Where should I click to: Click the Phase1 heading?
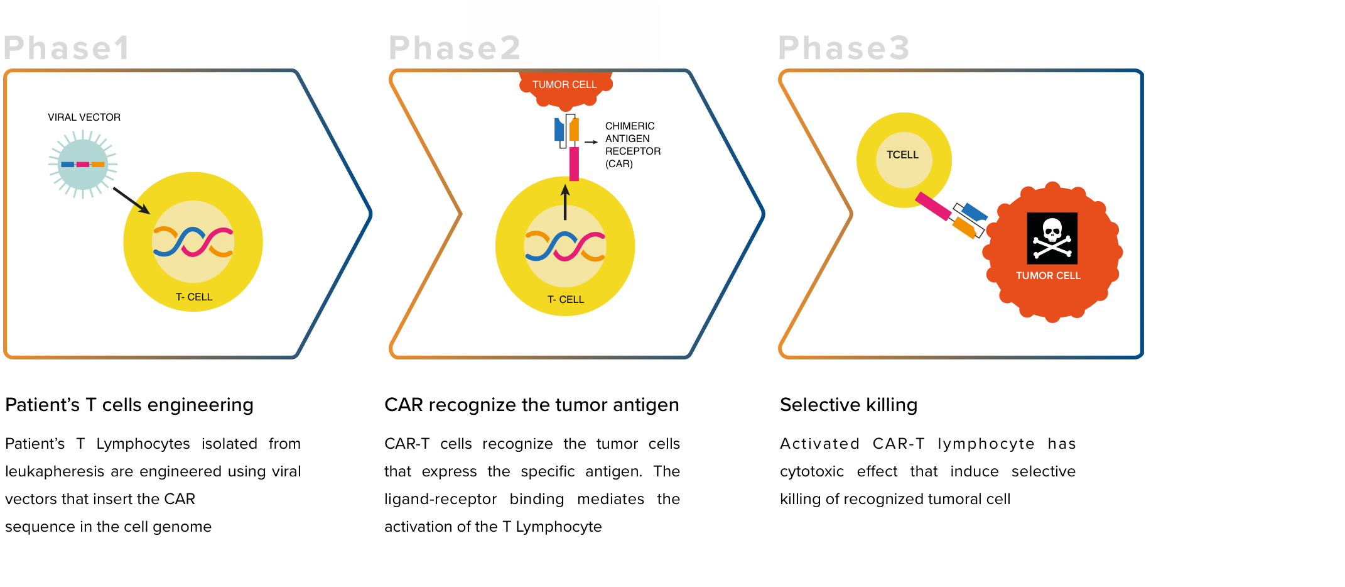pyautogui.click(x=67, y=48)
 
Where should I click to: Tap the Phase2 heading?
pyautogui.click(x=455, y=48)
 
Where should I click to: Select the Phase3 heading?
pyautogui.click(x=844, y=48)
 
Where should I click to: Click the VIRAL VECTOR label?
pyautogui.click(x=84, y=118)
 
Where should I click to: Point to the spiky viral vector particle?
pyautogui.click(x=83, y=164)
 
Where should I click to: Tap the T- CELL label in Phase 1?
pyautogui.click(x=194, y=297)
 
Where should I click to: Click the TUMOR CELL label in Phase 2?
pyautogui.click(x=564, y=85)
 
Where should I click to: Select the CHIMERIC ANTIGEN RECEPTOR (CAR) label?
pyautogui.click(x=633, y=145)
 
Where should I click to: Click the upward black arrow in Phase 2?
pyautogui.click(x=565, y=201)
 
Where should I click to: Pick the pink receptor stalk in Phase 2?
pyautogui.click(x=574, y=164)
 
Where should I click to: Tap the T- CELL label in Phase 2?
pyautogui.click(x=566, y=300)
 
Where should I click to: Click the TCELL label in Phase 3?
pyautogui.click(x=902, y=155)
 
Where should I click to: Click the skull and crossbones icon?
pyautogui.click(x=1052, y=238)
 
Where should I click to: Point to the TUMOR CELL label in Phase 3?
pyautogui.click(x=1048, y=276)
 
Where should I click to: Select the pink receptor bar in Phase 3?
pyautogui.click(x=933, y=206)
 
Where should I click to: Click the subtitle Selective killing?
pyautogui.click(x=848, y=405)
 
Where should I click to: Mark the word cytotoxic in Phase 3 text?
pyautogui.click(x=812, y=472)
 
